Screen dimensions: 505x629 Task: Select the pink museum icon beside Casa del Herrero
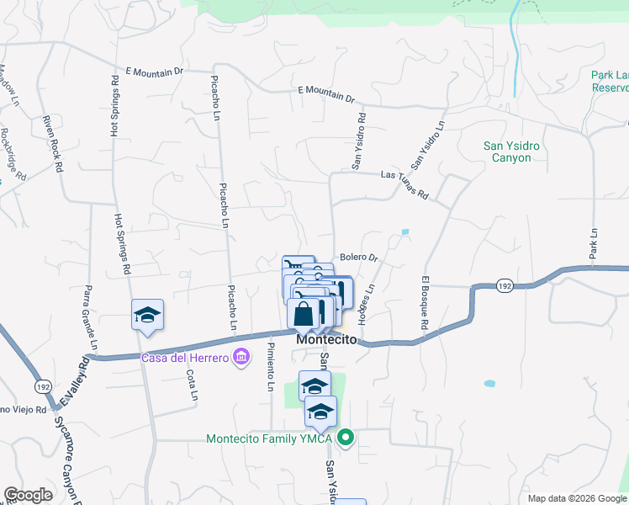point(242,358)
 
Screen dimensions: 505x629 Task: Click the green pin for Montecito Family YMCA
point(345,438)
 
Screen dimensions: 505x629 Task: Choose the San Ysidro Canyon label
point(507,151)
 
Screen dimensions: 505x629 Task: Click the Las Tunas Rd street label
point(404,184)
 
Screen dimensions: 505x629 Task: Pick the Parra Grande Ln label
point(88,318)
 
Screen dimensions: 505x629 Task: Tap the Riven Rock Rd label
point(52,144)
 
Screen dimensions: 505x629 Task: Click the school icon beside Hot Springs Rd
point(147,316)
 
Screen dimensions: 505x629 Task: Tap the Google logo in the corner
point(28,495)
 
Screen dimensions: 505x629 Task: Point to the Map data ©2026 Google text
point(576,498)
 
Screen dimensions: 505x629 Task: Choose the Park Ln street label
point(593,243)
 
